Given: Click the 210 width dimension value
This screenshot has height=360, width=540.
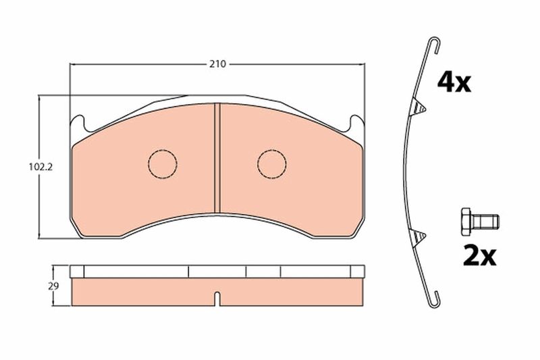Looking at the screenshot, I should point(217,65).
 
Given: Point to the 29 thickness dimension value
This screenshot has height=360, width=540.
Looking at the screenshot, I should point(53,286).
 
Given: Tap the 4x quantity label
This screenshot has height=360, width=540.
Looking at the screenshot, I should point(454,82).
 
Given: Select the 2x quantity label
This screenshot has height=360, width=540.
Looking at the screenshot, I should point(479,256).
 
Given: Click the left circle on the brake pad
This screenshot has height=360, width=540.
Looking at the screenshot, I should point(162,163).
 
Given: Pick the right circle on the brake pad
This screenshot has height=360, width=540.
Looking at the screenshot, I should point(272,163).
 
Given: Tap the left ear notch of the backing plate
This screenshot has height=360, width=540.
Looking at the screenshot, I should point(79,122).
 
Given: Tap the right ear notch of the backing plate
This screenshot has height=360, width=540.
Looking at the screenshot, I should point(355,122).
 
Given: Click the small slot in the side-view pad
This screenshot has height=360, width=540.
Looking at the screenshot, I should point(217,297).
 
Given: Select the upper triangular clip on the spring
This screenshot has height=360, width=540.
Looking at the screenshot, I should point(418,107).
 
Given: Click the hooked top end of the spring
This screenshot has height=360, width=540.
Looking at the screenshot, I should point(436,44).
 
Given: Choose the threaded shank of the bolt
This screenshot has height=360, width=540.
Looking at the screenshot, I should point(487,221).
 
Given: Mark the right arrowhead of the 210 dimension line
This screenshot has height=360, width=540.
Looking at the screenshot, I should point(361,65).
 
